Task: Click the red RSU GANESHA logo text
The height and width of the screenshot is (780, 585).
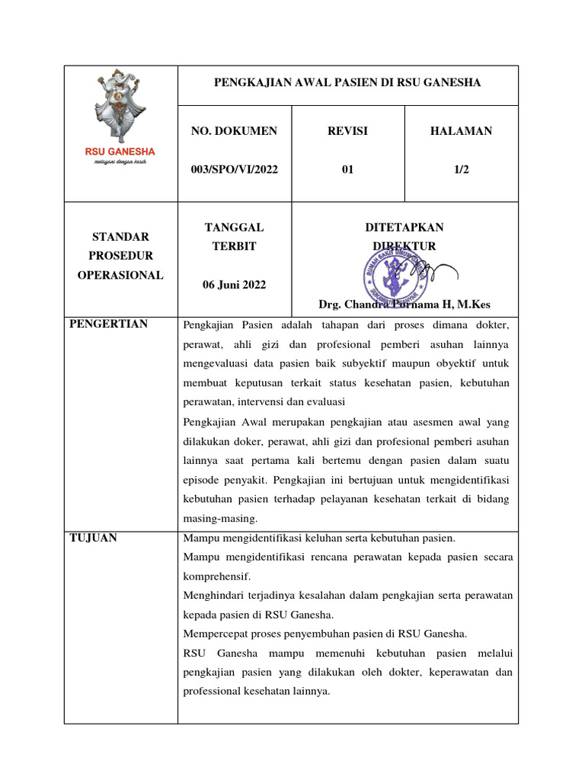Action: [120, 152]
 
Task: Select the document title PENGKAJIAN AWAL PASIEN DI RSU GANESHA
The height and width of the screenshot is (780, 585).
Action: [347, 83]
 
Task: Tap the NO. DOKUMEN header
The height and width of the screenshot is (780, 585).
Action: [234, 131]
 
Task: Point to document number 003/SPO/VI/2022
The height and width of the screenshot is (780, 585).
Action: [234, 170]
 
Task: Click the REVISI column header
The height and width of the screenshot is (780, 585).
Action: [347, 131]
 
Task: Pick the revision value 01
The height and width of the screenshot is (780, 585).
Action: [347, 170]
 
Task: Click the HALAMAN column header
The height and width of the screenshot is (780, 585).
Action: [461, 131]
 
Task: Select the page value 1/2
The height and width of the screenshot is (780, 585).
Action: [461, 170]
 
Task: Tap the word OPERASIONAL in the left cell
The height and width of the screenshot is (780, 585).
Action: [120, 275]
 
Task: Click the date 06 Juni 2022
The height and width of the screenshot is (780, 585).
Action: [234, 285]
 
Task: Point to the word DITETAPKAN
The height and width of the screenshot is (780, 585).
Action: [404, 227]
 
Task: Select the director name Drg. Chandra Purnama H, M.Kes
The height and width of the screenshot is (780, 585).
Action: [404, 305]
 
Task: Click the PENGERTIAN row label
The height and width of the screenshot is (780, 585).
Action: [108, 324]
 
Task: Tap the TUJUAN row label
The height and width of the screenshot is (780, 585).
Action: [93, 538]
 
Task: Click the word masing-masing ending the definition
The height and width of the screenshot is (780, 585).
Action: [220, 518]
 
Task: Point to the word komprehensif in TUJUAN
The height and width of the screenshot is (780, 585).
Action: [217, 576]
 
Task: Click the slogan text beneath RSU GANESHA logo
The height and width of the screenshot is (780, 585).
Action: [120, 163]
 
